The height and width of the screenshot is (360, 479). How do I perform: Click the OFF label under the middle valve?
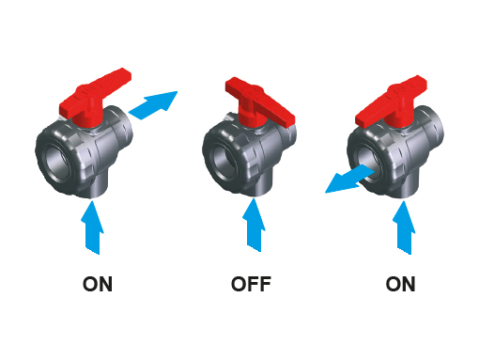click(x=251, y=284)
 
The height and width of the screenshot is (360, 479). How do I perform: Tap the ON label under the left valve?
click(x=98, y=284)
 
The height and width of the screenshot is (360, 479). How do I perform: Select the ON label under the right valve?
click(x=400, y=284)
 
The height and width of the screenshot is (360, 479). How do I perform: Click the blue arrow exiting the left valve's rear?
click(x=153, y=104)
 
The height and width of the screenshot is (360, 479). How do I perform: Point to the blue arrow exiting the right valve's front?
click(x=349, y=180)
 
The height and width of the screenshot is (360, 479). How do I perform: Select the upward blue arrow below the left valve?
click(x=92, y=227)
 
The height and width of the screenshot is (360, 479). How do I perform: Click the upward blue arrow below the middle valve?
click(x=254, y=225)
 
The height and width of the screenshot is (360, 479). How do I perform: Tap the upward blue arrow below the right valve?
click(x=404, y=227)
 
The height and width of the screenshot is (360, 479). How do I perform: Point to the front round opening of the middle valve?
click(x=226, y=163)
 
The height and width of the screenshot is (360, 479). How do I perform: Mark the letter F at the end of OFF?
click(x=265, y=284)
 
